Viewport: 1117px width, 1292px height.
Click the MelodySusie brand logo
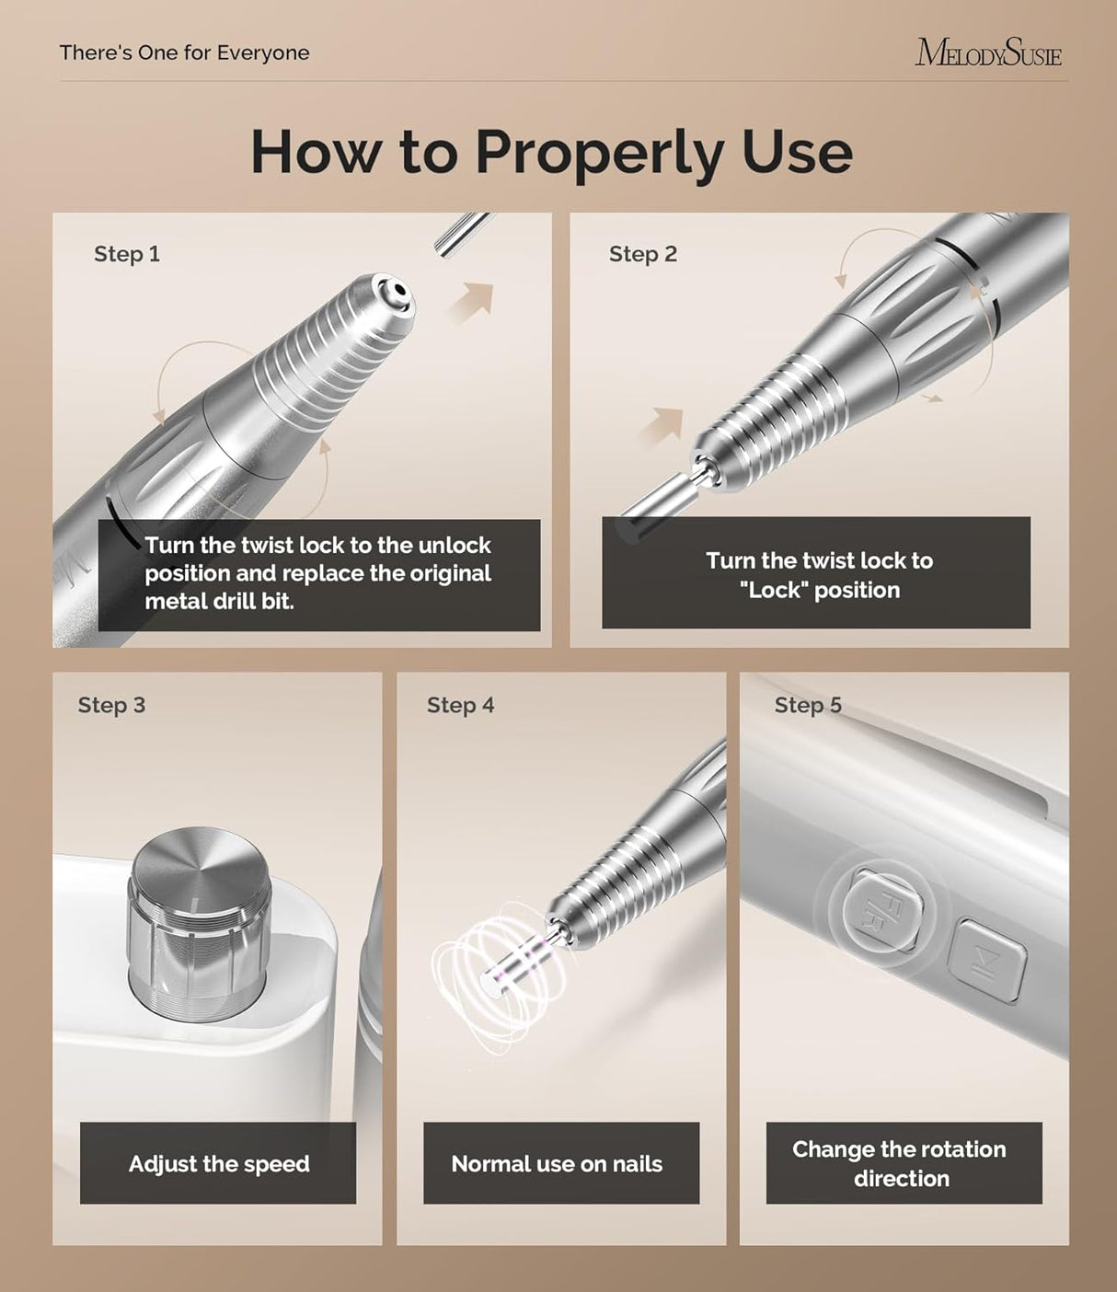(x=987, y=53)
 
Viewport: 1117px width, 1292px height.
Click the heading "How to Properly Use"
(x=551, y=152)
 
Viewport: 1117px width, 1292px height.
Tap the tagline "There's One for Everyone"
(x=184, y=53)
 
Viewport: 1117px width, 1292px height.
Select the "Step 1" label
(x=127, y=254)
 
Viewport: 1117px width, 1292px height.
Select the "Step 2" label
(x=642, y=254)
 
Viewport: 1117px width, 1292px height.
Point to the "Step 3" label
(x=111, y=705)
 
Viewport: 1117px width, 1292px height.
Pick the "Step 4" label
(x=460, y=705)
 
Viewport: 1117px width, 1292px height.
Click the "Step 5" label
(x=807, y=705)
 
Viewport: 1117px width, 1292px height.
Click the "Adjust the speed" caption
(x=218, y=1163)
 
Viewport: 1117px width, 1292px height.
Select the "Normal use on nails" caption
(x=557, y=1163)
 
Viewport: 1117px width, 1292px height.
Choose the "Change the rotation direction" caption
(x=900, y=1163)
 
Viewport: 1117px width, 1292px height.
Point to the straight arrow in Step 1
(x=473, y=302)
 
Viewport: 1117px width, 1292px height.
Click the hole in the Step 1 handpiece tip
(x=397, y=294)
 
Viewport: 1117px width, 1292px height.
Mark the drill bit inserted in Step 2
(x=656, y=503)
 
